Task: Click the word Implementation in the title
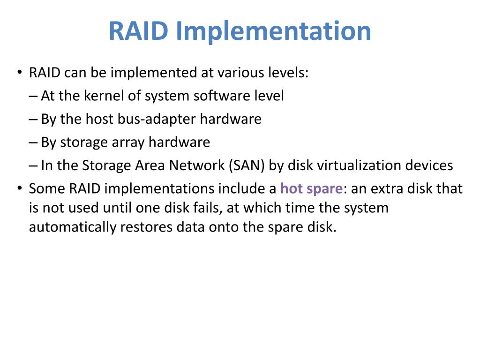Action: [x=274, y=31]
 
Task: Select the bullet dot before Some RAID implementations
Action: [x=19, y=188]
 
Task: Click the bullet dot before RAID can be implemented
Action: [x=19, y=73]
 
